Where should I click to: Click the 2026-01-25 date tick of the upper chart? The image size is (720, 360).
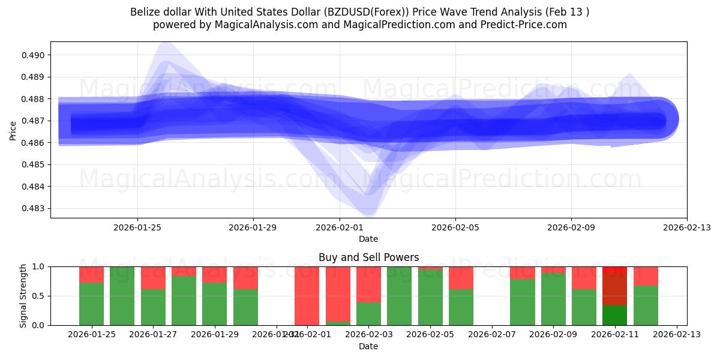click(137, 227)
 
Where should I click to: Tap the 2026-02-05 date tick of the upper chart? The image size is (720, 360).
click(455, 227)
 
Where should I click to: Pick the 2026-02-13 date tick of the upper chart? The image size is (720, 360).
click(686, 227)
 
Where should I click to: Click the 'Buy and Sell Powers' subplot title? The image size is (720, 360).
click(368, 257)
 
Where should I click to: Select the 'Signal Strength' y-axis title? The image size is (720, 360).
click(23, 296)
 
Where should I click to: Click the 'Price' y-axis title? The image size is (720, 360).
click(13, 130)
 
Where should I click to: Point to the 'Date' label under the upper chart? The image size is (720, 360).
click(368, 239)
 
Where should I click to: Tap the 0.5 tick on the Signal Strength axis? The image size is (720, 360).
click(38, 296)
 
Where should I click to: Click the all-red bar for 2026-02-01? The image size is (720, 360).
click(307, 296)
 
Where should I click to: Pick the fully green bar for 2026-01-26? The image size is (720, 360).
click(122, 296)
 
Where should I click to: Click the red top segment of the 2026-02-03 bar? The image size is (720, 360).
click(368, 284)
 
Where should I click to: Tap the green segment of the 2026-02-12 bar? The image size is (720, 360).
click(646, 305)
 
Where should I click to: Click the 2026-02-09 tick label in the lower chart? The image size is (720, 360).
click(553, 335)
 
